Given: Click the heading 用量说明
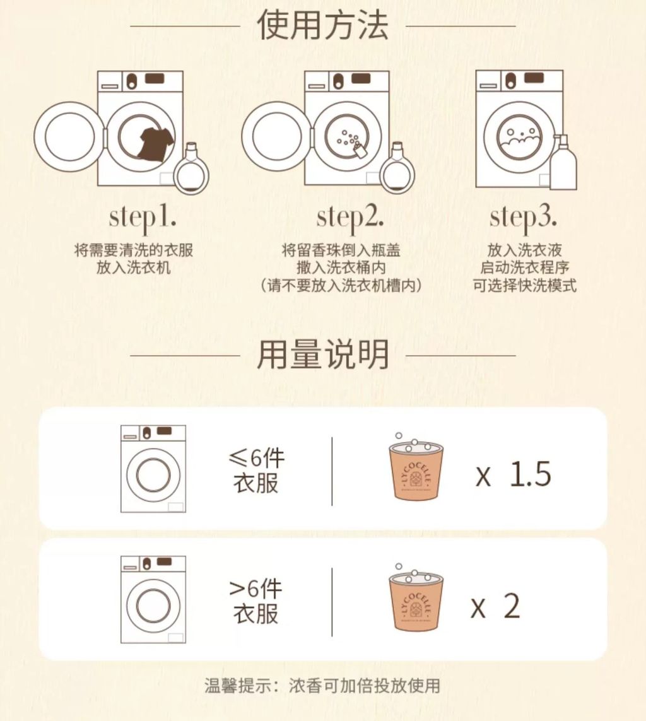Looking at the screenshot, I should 322,355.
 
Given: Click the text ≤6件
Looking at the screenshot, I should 256,457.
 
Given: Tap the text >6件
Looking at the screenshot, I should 255,589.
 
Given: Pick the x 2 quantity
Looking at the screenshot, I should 496,606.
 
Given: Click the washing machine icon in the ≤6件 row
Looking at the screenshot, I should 153,469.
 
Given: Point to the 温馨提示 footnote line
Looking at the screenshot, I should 322,686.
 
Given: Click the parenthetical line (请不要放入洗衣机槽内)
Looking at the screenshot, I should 341,285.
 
